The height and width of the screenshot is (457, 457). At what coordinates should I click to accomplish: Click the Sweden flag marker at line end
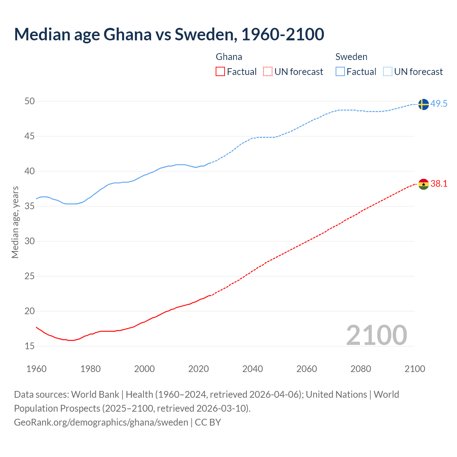click(423, 104)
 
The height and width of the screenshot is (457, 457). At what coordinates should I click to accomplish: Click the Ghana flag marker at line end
click(423, 184)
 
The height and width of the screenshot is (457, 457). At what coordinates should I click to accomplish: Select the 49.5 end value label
click(439, 104)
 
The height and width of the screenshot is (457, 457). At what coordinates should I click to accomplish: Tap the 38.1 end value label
click(439, 184)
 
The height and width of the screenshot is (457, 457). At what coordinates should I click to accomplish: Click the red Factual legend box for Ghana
click(220, 72)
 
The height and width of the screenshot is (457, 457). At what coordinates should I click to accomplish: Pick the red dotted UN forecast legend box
click(268, 72)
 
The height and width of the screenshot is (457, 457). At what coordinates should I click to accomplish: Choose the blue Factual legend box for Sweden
click(340, 72)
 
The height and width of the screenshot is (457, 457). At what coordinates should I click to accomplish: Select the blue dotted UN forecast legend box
click(388, 72)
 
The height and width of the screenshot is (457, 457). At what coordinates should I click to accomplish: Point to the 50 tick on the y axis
click(30, 101)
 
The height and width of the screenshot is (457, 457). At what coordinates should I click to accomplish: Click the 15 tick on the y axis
click(30, 346)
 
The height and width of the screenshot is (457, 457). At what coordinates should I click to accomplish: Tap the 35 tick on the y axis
click(30, 206)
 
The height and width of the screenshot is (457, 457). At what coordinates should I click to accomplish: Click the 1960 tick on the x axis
click(36, 369)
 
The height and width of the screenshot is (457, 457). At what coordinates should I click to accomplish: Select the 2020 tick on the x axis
click(199, 369)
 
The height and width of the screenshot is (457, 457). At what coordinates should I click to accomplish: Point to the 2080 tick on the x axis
click(361, 369)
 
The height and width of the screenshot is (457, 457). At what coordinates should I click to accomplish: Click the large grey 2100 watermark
click(376, 335)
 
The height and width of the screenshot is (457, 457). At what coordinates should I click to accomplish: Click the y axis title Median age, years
click(15, 222)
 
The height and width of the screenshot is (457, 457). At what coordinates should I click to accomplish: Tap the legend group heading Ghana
click(229, 57)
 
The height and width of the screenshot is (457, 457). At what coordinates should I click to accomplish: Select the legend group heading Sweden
click(351, 57)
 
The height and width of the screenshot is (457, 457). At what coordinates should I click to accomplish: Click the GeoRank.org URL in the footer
click(101, 422)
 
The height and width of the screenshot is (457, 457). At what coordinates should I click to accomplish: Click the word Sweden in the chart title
click(204, 34)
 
